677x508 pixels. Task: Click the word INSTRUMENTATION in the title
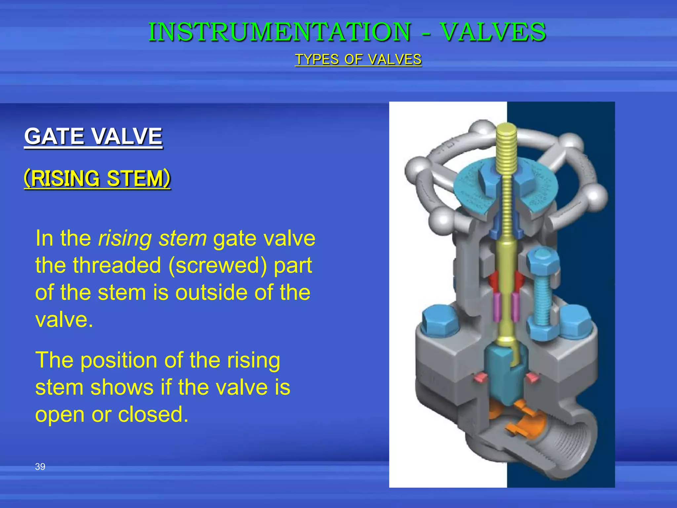tap(280, 32)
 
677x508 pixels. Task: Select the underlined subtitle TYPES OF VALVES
tap(358, 60)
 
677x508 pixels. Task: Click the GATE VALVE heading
tap(93, 136)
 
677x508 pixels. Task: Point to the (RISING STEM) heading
tap(97, 179)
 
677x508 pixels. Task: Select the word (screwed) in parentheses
tap(218, 266)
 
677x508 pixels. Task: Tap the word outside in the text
tap(211, 293)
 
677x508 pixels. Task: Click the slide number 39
tap(40, 467)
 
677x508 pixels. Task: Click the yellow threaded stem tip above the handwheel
tap(506, 132)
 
